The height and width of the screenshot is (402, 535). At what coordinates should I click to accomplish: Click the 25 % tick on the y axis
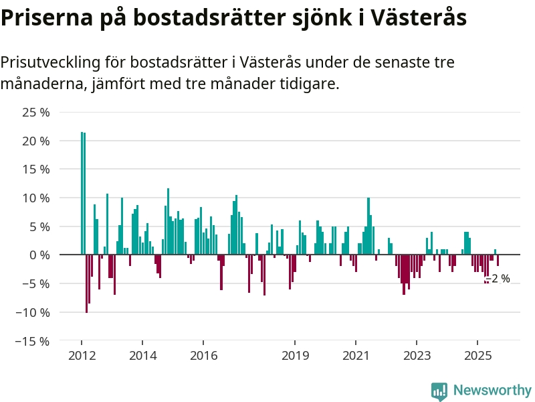coord(36,113)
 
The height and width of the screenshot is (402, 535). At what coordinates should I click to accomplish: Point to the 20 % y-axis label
coord(36,141)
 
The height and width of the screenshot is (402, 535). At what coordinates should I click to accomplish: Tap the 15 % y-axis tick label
coord(36,170)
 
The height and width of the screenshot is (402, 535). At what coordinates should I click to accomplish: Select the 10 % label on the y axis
coord(36,198)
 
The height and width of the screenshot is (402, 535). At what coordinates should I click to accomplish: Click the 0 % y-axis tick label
coord(39,255)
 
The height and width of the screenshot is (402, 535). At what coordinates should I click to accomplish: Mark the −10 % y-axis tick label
coord(33,312)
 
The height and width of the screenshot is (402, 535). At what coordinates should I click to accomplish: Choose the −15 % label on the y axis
coord(33,341)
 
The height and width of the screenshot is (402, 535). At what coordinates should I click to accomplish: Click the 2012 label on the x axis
coord(82,356)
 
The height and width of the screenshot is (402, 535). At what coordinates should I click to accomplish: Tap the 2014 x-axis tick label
coord(142,356)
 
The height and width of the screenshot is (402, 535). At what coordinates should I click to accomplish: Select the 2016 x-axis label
coord(204,356)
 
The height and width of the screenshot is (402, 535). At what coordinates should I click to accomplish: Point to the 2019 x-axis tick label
coord(296,356)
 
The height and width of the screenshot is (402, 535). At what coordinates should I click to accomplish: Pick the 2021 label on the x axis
coord(356,356)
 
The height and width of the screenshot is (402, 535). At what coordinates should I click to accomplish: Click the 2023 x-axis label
coord(417,356)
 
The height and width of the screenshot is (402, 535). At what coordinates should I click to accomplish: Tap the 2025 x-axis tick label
coord(478,356)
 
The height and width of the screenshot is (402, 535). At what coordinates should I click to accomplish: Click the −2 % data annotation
coord(498,279)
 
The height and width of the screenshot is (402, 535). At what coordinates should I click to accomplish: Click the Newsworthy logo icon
coord(439,391)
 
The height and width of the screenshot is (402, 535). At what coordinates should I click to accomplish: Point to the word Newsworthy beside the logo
coord(492,391)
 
